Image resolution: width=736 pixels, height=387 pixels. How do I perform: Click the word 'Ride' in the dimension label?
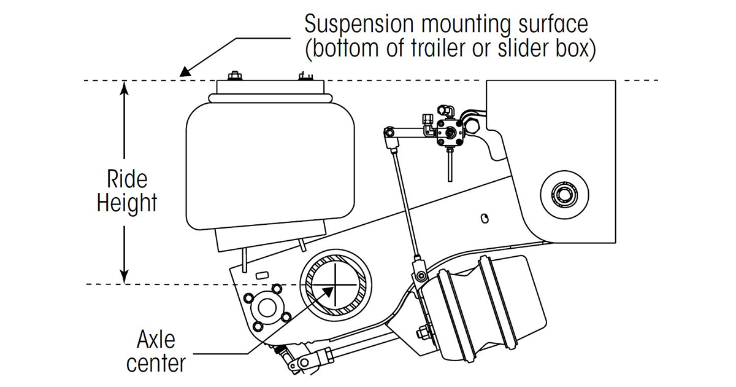pyautogui.click(x=127, y=179)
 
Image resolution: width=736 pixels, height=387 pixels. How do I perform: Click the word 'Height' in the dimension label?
pyautogui.click(x=127, y=203)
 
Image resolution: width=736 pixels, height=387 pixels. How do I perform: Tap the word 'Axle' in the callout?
pyautogui.click(x=156, y=339)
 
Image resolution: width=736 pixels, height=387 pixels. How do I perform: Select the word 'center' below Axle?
pyautogui.click(x=156, y=362)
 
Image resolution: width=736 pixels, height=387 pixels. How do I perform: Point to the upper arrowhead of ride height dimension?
pyautogui.click(x=125, y=88)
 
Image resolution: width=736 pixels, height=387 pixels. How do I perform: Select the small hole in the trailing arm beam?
pyautogui.click(x=485, y=218)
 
